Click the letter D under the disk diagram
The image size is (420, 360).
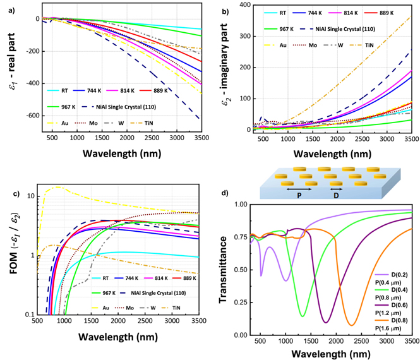[337, 195]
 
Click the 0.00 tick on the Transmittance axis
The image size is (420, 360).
[239, 334]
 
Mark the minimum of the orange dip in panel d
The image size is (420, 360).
[351, 325]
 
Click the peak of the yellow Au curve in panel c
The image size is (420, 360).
[59, 187]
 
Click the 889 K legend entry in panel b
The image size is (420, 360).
[392, 28]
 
